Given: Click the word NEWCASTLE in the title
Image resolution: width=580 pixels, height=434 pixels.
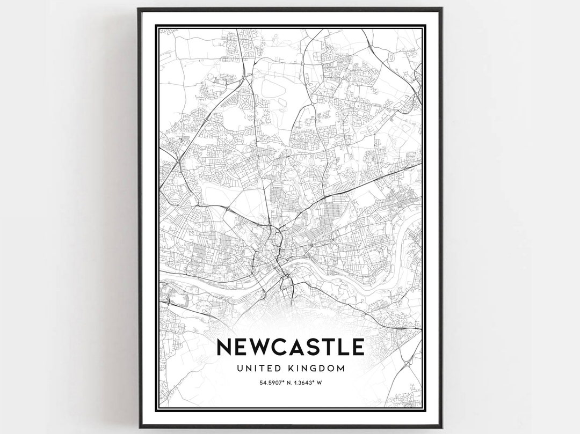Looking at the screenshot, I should coord(290,347).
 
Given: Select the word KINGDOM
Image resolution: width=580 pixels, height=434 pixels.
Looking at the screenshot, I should coord(318,368).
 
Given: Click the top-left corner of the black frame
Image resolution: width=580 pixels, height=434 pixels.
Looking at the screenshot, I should coord(139,9).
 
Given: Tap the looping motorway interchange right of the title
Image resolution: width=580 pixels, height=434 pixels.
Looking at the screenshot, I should coord(407,363).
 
